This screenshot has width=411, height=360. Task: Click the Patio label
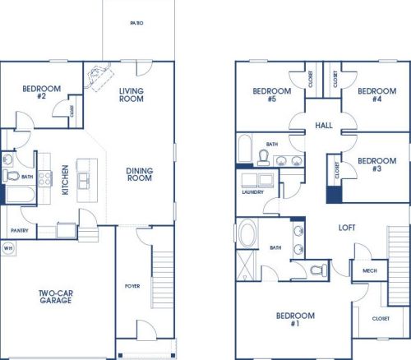[136, 23]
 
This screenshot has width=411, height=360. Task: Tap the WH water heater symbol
[8, 248]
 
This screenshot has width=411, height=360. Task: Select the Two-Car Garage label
[56, 297]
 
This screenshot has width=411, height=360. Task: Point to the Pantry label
[20, 230]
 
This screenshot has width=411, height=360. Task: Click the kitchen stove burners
[44, 178]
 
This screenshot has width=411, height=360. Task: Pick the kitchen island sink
[83, 181]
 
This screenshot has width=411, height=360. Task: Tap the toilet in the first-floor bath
[11, 175]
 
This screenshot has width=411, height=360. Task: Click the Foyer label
[132, 286]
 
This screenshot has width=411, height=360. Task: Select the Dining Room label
[140, 174]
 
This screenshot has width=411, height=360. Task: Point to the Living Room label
[132, 95]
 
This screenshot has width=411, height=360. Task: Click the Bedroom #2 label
[42, 92]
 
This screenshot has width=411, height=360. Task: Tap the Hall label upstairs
[324, 126]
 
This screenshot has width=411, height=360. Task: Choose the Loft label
[347, 228]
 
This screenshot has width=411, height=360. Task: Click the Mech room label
[370, 270]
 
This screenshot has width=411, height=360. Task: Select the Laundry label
[252, 192]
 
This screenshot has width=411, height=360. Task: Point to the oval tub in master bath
[247, 233]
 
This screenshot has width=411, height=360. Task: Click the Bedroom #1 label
[295, 320]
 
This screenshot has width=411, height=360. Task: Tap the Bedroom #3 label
[377, 164]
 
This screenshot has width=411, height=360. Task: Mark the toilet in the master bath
[319, 270]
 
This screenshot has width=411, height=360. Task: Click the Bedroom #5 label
[272, 95]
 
